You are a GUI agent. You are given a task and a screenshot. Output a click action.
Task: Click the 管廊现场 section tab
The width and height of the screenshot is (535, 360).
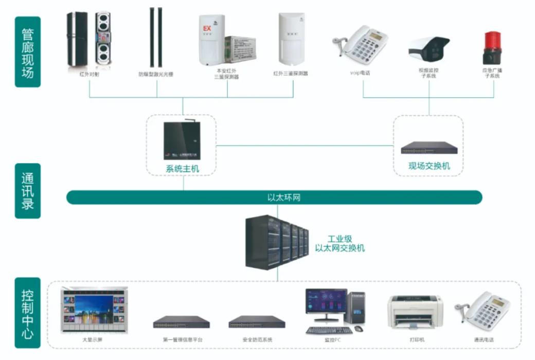click(x=28, y=52)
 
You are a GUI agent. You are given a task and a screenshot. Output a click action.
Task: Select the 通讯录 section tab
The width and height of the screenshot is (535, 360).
click(x=28, y=191)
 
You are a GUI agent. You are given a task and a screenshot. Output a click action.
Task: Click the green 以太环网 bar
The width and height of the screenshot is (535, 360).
click(x=274, y=197)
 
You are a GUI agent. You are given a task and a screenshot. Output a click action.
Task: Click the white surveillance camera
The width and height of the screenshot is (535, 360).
click(x=429, y=48)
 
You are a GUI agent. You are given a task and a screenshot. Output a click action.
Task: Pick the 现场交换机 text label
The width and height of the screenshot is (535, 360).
click(x=429, y=166)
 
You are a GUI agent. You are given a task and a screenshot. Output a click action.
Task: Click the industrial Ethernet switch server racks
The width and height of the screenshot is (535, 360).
click(x=276, y=242)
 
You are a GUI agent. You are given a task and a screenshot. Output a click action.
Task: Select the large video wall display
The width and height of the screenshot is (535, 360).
click(x=95, y=311)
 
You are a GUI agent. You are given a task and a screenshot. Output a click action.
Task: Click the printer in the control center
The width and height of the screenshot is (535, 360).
click(x=415, y=312)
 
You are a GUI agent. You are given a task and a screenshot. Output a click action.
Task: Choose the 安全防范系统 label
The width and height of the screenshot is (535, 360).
click(x=257, y=340)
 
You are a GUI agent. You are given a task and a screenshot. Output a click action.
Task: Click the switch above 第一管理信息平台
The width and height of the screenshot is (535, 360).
click(x=181, y=322)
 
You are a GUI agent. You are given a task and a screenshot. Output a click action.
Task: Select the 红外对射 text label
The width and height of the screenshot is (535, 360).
click(x=89, y=75)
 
